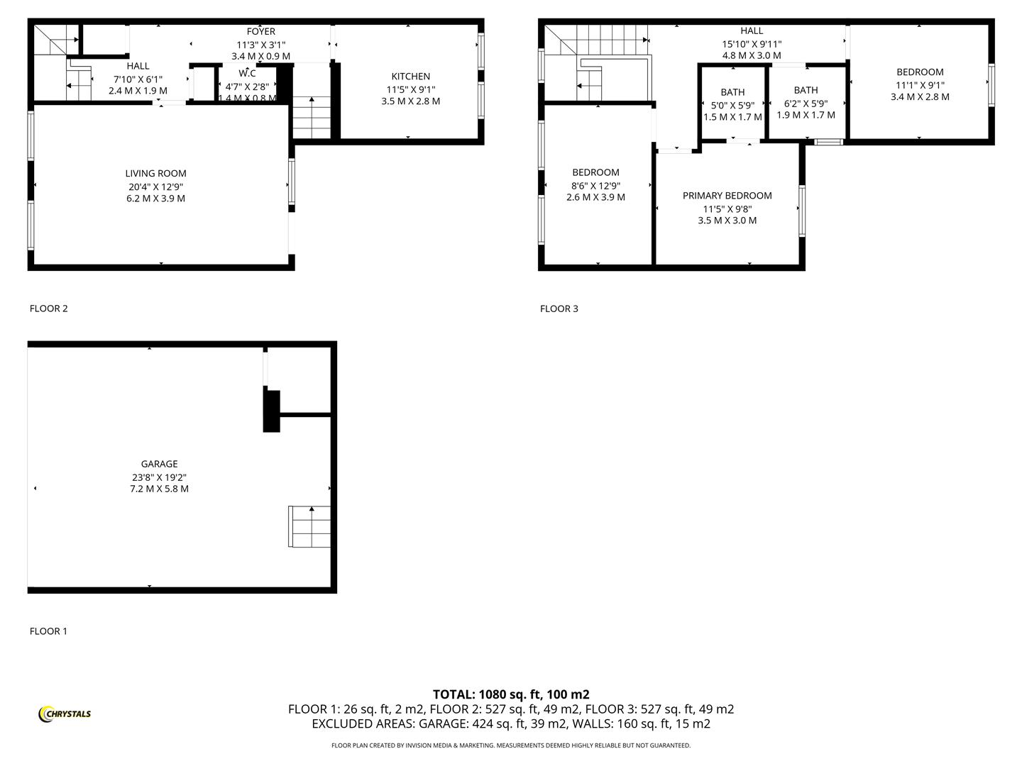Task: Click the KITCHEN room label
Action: [x=410, y=77]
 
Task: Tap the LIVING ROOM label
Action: [x=155, y=173]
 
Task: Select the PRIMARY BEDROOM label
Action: [x=727, y=196]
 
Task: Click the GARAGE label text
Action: [x=159, y=464]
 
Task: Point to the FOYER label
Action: [x=260, y=31]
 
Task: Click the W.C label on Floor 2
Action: [x=247, y=73]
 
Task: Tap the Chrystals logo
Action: [x=65, y=714]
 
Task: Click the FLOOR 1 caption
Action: [x=48, y=631]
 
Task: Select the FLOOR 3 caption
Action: [x=559, y=309]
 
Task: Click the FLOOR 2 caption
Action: [x=48, y=309]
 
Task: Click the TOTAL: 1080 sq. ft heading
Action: [x=511, y=694]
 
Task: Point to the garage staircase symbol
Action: [x=309, y=526]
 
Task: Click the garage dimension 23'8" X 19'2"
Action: [x=159, y=477]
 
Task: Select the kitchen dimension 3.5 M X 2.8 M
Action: [x=410, y=101]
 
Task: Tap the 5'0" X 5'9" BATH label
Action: [x=732, y=92]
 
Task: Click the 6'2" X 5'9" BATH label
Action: [x=806, y=90]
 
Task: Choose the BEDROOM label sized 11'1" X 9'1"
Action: [x=920, y=72]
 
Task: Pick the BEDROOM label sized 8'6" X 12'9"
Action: [x=595, y=172]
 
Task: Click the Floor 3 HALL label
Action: [x=752, y=30]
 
